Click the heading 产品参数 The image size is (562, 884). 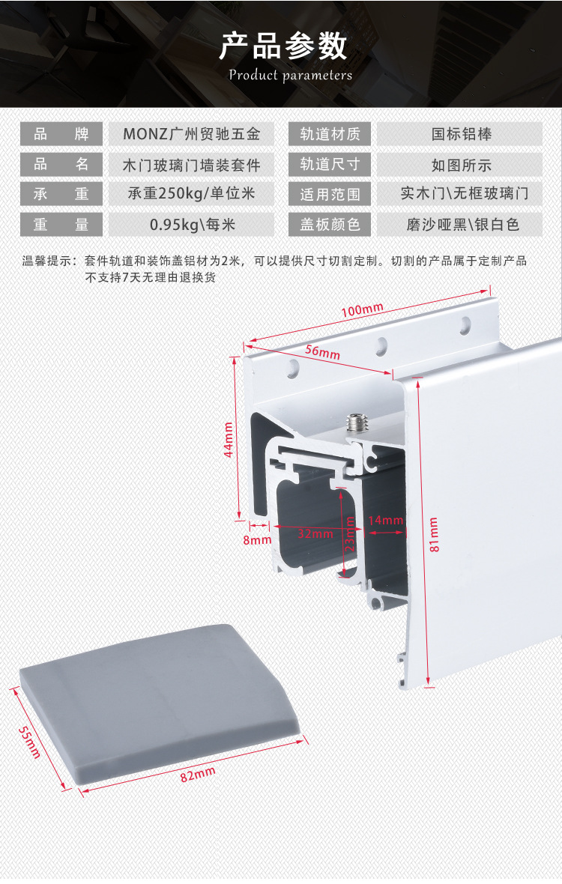(x=282, y=46)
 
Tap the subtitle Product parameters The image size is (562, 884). (x=290, y=75)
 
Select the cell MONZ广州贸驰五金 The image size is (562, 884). (x=192, y=135)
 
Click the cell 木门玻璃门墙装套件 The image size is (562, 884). (x=192, y=165)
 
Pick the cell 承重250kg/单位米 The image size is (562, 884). (x=192, y=194)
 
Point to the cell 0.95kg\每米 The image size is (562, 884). (x=192, y=224)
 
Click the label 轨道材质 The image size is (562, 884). (x=330, y=135)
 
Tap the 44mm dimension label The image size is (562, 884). (x=229, y=440)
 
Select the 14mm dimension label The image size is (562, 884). (x=386, y=520)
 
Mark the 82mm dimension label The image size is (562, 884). (x=198, y=775)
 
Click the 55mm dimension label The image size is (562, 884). (x=30, y=742)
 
